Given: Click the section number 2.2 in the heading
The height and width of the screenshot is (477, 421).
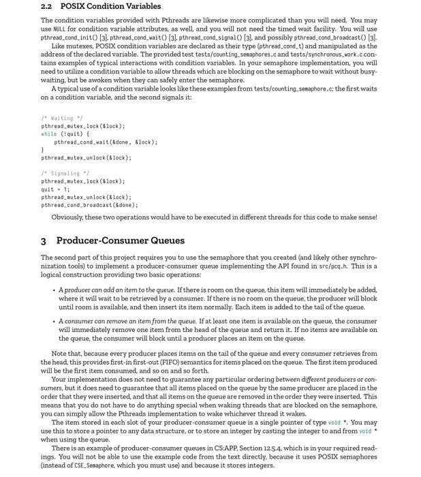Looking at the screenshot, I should [x=46, y=6].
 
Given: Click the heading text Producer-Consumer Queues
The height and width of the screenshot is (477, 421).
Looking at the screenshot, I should [x=120, y=241].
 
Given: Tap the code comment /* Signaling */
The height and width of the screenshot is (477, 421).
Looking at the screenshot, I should [x=60, y=174].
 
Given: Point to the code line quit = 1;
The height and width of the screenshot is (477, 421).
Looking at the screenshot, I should [x=55, y=189].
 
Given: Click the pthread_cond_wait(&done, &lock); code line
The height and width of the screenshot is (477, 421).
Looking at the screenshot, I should [x=106, y=142].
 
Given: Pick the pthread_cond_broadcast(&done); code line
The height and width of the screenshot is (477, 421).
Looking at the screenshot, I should [x=89, y=205].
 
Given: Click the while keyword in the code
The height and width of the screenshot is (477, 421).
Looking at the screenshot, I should [x=49, y=134].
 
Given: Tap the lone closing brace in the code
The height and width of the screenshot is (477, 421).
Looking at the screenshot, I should [x=43, y=150].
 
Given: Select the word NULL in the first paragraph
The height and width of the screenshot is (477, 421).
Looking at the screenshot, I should [x=59, y=29].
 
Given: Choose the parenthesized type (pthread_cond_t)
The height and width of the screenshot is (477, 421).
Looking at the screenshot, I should [x=299, y=46].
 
